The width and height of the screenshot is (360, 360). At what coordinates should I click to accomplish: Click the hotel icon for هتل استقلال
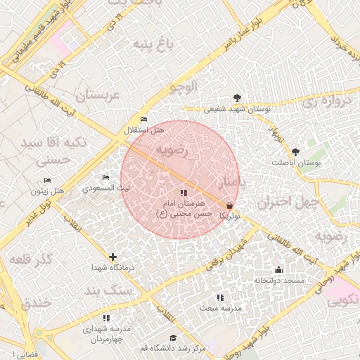[144, 120]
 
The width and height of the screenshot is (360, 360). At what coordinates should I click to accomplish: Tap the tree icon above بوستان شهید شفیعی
[236, 98]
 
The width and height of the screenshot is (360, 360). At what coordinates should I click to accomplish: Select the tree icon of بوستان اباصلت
[295, 152]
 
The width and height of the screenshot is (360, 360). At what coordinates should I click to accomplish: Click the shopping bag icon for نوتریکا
[230, 206]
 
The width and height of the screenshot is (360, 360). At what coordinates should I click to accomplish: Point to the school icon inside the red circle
[184, 193]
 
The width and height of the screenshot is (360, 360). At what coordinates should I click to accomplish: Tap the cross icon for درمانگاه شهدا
[112, 257]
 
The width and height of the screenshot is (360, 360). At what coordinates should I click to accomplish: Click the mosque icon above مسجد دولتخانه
[278, 270]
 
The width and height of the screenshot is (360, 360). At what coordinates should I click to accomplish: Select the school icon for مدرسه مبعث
[220, 297]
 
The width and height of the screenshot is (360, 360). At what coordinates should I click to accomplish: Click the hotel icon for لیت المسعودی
[106, 178]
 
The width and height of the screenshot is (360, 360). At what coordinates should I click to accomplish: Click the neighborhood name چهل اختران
[288, 203]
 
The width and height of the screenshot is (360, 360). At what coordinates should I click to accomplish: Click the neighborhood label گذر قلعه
[32, 259]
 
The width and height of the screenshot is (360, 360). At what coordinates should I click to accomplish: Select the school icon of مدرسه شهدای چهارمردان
[107, 318]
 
